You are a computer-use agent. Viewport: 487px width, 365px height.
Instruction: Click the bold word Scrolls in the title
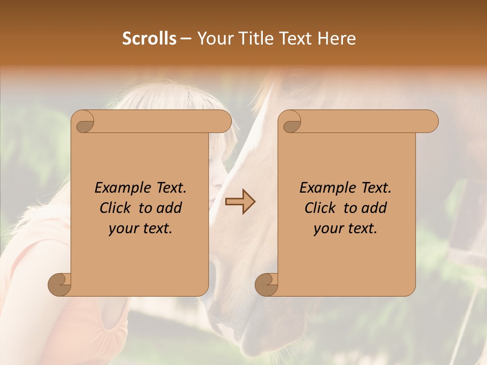coord(149,39)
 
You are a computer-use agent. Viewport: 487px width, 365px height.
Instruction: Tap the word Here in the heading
coord(336,39)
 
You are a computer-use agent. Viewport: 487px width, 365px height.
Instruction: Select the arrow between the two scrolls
coord(240,202)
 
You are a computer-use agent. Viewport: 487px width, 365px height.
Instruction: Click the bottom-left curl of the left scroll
coord(59,285)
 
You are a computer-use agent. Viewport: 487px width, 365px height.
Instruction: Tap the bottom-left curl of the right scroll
coord(266,285)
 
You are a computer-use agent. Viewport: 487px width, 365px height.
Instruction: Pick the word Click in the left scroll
coord(115,208)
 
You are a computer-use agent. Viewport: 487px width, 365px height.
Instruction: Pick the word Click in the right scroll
coord(320,208)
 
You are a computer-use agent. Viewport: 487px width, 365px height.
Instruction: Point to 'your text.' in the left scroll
coord(141,228)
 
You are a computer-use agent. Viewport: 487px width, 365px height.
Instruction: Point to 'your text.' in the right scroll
coord(345,228)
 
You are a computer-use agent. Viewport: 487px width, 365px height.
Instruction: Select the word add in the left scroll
coord(169,208)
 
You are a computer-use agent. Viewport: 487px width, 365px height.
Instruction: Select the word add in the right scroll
coord(374,208)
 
